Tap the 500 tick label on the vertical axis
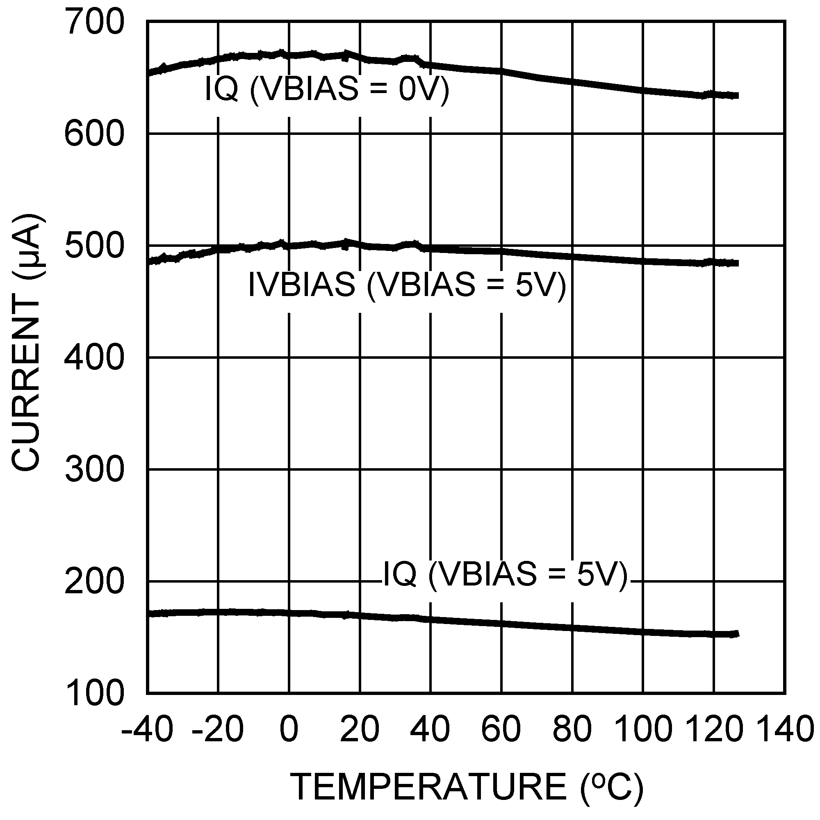coord(94,246)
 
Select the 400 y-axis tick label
coord(94,359)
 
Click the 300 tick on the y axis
coord(94,470)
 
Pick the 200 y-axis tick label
coord(94,582)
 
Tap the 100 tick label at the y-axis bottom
coord(94,694)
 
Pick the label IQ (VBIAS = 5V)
coord(505,575)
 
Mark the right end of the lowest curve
coord(738,634)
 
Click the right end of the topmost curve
coord(738,96)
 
